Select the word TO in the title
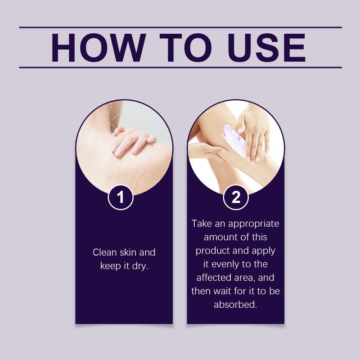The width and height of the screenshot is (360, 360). click(x=186, y=48)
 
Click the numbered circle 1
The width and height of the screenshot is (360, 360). click(x=121, y=197)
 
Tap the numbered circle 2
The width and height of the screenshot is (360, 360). click(x=236, y=197)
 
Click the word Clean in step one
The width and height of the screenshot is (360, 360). click(x=104, y=252)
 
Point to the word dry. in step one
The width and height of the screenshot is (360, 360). click(x=140, y=266)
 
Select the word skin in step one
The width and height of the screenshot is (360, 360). click(x=128, y=252)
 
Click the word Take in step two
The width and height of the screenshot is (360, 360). click(x=202, y=223)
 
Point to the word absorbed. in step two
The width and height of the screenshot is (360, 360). click(x=235, y=305)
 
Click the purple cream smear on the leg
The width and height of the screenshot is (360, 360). click(x=234, y=139)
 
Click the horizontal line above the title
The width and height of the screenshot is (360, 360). click(x=180, y=27)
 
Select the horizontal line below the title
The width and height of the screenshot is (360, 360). click(x=180, y=67)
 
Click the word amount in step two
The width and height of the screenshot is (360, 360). click(x=219, y=237)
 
